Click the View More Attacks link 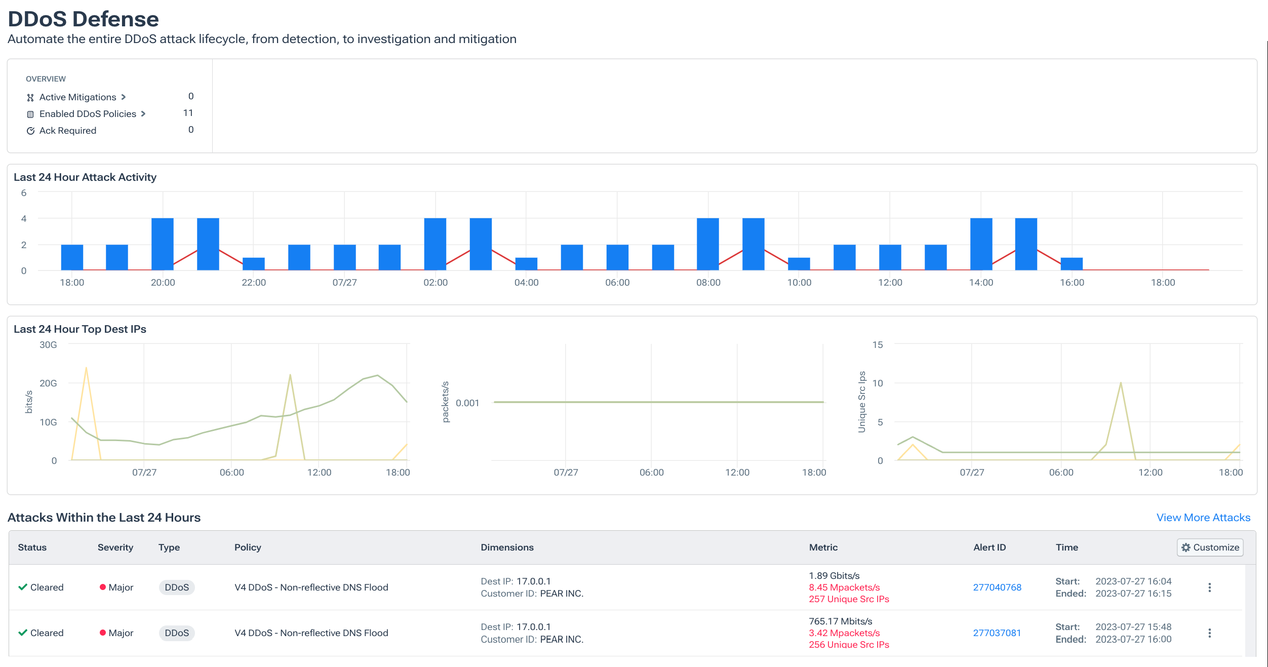tap(1203, 517)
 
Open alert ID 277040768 tap(997, 587)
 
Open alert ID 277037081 tap(997, 633)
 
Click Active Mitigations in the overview tap(77, 97)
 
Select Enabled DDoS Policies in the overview tap(88, 113)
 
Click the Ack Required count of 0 tap(191, 130)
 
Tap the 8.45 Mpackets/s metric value tap(844, 587)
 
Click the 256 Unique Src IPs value tap(849, 644)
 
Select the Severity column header tap(115, 547)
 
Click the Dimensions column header tap(507, 547)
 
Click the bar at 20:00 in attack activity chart tap(163, 244)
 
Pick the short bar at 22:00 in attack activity tap(253, 263)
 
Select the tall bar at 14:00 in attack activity tap(981, 244)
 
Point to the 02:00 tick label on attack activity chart tap(435, 282)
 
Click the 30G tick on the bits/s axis tap(48, 344)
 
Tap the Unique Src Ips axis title tap(862, 402)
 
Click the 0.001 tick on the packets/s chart tap(467, 403)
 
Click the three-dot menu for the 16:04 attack tap(1209, 587)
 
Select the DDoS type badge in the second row tap(177, 633)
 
